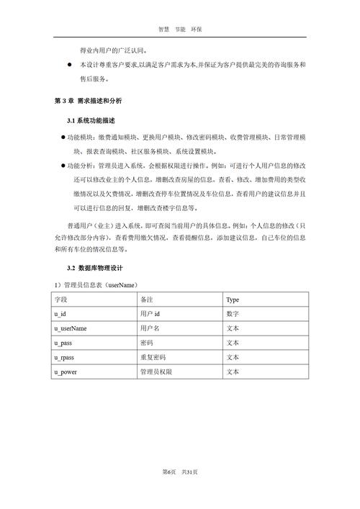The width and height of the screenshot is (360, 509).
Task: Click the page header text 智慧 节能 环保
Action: tap(180, 30)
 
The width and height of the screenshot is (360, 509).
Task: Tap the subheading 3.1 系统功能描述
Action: tap(91, 120)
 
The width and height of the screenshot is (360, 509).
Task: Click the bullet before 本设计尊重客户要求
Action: tap(69, 66)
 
